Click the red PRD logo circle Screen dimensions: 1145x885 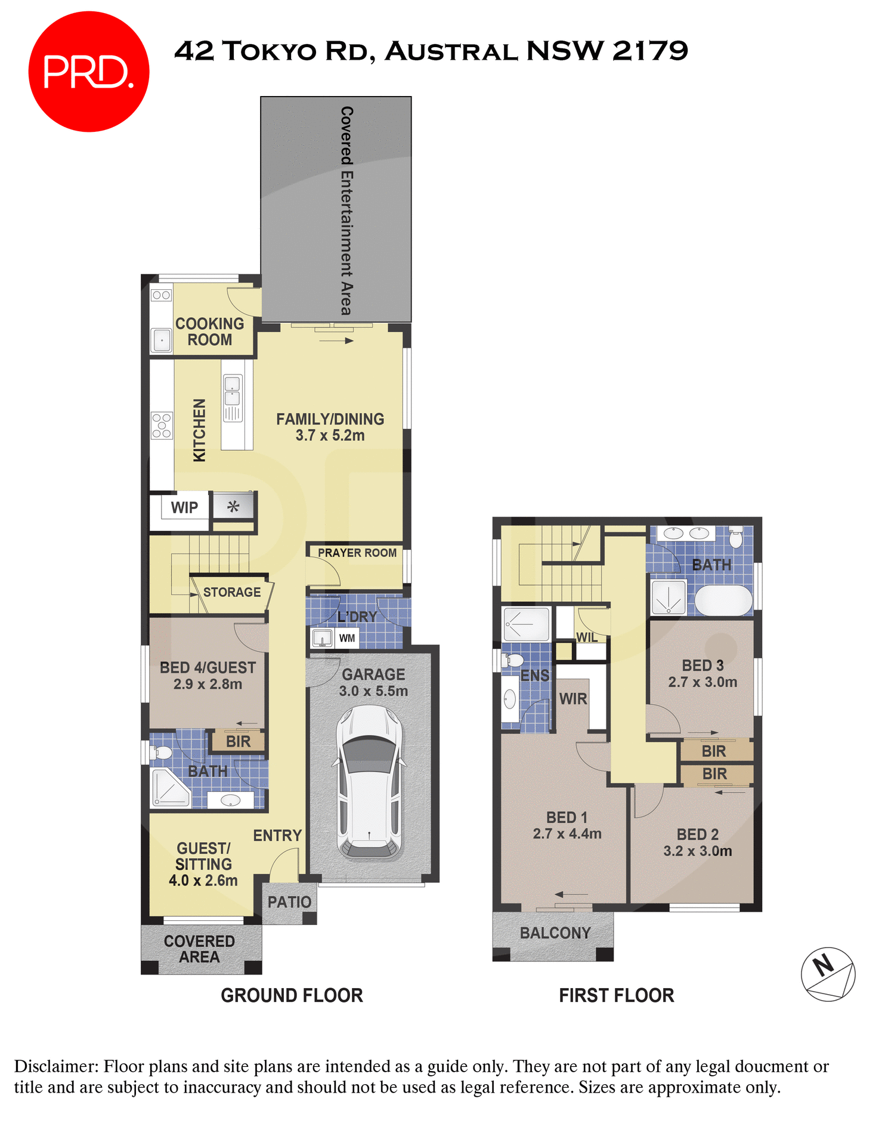[x=88, y=72]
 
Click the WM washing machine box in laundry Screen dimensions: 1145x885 [x=346, y=638]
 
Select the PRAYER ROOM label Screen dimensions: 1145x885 [x=357, y=553]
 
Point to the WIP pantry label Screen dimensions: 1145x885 [x=184, y=507]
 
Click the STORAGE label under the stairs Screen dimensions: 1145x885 [x=231, y=592]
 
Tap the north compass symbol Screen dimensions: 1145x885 [x=828, y=974]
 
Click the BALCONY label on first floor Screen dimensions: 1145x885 [x=555, y=933]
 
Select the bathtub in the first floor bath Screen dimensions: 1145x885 [x=723, y=601]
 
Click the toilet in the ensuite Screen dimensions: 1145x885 [x=513, y=660]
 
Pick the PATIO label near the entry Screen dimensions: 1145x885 [x=289, y=902]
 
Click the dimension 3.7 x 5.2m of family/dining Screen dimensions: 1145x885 [x=330, y=435]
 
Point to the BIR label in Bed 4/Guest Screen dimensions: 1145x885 [x=238, y=741]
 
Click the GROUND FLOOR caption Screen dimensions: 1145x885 [x=292, y=995]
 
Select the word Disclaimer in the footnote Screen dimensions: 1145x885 [x=56, y=1066]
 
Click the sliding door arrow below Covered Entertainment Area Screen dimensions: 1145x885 [x=337, y=341]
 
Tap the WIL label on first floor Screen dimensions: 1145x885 [x=586, y=637]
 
